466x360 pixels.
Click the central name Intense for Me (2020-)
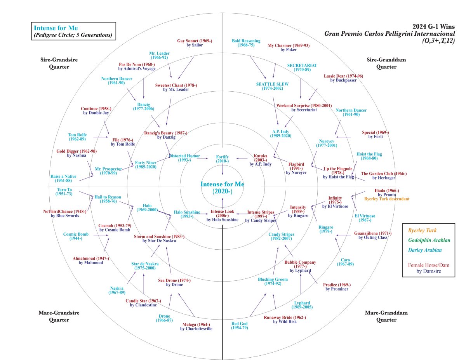point(222,188)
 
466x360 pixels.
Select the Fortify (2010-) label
point(222,158)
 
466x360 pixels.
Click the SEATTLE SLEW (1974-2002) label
point(272,86)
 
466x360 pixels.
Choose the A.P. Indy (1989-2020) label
point(281,134)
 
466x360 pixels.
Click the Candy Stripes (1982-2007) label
point(281,237)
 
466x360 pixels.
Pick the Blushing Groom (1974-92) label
point(273,282)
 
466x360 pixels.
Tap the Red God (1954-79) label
point(240,325)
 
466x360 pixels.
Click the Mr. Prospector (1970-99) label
point(108,171)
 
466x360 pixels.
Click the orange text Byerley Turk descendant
point(386,199)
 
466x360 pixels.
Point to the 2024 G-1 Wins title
point(433,26)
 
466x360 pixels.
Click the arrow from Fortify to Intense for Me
point(222,170)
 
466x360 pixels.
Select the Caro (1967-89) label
point(345,262)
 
